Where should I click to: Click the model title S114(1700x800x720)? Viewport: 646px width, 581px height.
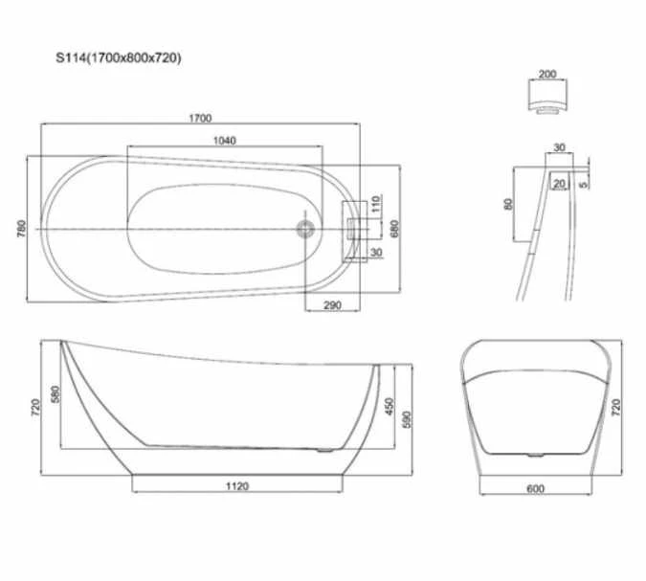coord(118,59)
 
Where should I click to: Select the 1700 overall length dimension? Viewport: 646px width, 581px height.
coord(199,118)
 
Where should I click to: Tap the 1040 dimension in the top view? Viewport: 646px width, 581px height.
coord(224,140)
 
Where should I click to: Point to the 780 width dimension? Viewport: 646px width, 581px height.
coord(22,229)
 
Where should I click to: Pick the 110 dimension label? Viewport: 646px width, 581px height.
coord(376,202)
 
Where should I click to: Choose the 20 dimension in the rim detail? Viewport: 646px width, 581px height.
coord(558,183)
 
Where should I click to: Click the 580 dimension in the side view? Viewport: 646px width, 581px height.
coord(56,393)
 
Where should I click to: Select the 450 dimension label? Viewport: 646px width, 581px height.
coord(388,407)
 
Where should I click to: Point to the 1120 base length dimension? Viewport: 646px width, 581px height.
coord(236,485)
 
